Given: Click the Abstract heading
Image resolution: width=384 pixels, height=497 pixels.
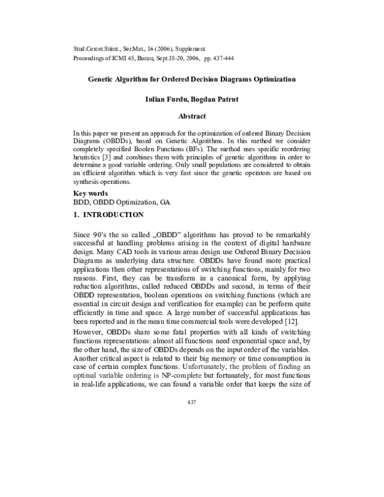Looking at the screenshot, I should pyautogui.click(x=192, y=116).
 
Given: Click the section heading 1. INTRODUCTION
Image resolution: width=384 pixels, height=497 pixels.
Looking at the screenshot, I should pyautogui.click(x=108, y=213).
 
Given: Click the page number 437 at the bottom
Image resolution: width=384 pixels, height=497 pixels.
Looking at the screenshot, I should pyautogui.click(x=191, y=402).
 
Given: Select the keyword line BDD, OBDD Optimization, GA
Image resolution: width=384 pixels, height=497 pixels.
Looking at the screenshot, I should pyautogui.click(x=122, y=202).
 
